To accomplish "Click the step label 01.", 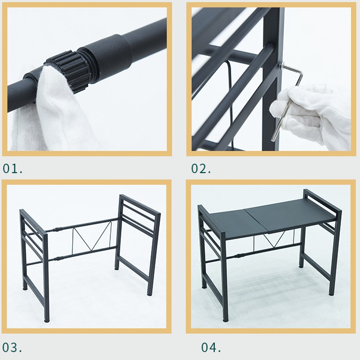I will (13, 169).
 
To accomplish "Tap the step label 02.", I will (201, 169).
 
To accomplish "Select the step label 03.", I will (13, 348).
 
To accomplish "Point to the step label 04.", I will (211, 347).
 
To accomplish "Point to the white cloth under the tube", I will (48, 116).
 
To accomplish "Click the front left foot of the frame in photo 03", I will (48, 319).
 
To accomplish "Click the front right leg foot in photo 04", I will (332, 292).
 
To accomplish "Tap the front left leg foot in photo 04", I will (226, 319).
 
